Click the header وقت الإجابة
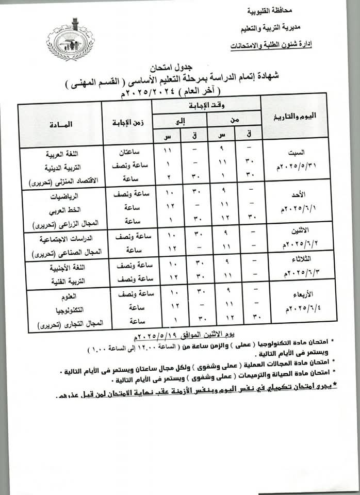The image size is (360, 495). point(207,106)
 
